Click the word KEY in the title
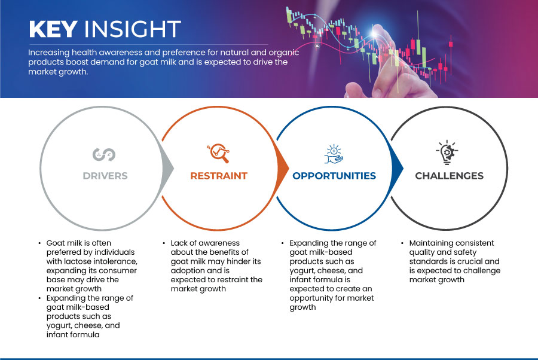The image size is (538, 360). [x=53, y=29]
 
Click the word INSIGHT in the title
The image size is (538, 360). [x=133, y=29]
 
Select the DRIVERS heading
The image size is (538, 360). [x=105, y=176]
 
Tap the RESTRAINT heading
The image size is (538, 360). [x=219, y=176]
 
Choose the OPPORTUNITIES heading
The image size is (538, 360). [x=334, y=176]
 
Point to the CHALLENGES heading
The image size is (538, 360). [x=449, y=176]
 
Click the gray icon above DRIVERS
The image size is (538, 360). [x=104, y=154]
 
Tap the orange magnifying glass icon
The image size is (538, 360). [x=218, y=153]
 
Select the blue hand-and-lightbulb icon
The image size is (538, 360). [x=334, y=154]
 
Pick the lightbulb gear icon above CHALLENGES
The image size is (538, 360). [x=447, y=152]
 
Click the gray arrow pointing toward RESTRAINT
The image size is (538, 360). [x=167, y=168]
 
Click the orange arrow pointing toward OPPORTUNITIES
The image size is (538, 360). [x=282, y=168]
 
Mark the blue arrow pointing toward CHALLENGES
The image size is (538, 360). [x=397, y=168]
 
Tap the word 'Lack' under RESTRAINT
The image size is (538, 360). [x=179, y=243]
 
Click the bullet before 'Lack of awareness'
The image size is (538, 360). [x=164, y=243]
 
